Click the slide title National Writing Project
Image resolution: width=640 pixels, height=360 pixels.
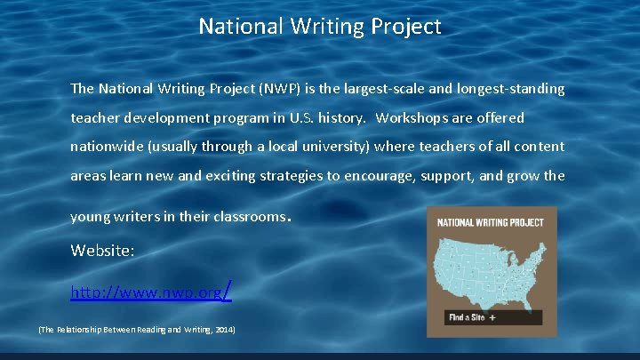click(x=320, y=27)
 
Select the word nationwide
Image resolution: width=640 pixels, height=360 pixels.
click(x=105, y=147)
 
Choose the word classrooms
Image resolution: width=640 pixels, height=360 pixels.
click(x=251, y=217)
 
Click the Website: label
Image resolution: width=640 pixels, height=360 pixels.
click(x=103, y=252)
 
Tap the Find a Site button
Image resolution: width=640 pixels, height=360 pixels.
click(x=472, y=316)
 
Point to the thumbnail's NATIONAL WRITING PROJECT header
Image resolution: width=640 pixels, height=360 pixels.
click(x=491, y=222)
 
